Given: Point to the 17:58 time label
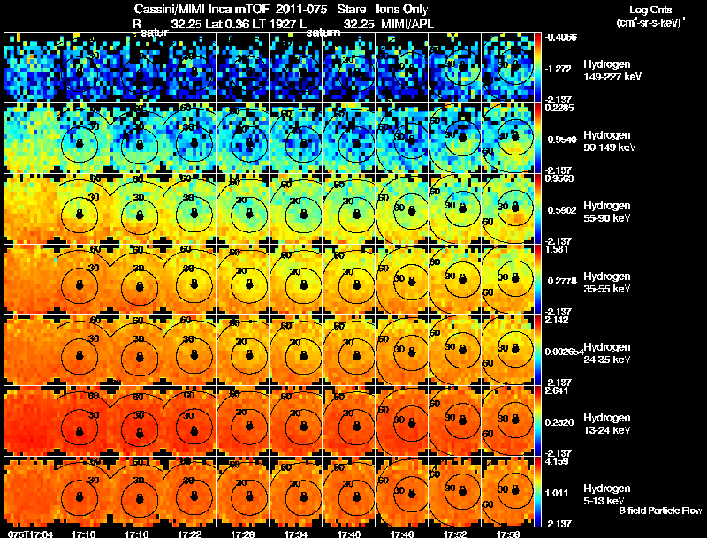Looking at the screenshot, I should tap(507, 534).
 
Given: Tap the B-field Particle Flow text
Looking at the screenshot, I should tap(659, 511).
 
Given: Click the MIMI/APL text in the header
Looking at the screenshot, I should tap(401, 23).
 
